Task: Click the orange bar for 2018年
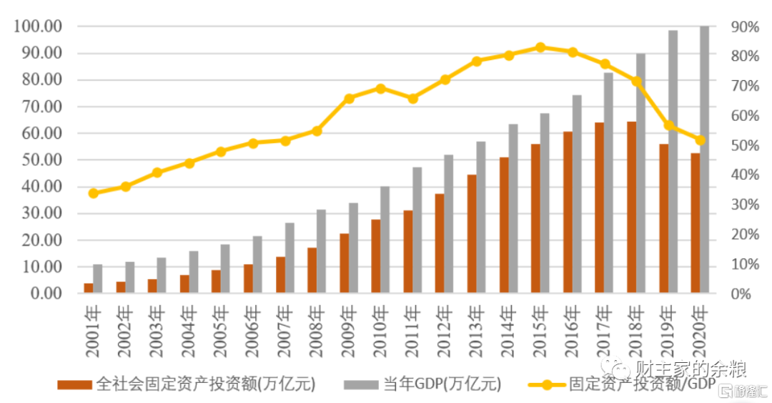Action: point(632,208)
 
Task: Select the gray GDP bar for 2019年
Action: point(673,162)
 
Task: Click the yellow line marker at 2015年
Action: point(540,47)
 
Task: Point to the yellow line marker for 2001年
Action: point(93,193)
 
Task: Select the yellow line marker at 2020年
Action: point(700,140)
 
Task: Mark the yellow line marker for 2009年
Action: point(349,99)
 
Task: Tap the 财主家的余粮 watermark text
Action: point(691,370)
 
